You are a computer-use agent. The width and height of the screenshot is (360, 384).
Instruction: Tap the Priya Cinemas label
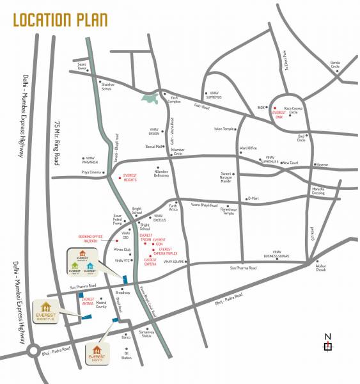click(91, 172)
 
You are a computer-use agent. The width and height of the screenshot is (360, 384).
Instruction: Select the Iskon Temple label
click(223, 129)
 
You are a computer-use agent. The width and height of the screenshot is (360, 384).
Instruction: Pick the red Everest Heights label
click(130, 177)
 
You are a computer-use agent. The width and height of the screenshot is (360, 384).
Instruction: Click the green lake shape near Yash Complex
click(151, 99)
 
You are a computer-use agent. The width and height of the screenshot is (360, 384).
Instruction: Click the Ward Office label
click(248, 148)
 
